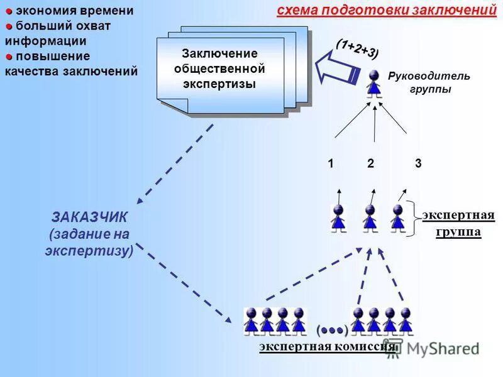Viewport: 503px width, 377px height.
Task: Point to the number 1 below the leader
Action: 330,164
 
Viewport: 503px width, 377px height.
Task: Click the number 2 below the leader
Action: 371,164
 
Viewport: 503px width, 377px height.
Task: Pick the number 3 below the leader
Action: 418,163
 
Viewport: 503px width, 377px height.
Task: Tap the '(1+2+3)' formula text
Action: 357,48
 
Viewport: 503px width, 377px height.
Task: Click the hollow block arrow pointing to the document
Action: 336,68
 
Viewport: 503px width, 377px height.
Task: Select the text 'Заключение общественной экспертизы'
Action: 219,68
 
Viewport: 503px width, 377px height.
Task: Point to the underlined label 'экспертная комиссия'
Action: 327,347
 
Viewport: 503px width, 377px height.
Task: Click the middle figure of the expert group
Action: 370,218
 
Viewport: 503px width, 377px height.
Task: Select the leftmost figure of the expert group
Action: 338,218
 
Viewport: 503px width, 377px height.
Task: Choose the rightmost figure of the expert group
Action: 397,217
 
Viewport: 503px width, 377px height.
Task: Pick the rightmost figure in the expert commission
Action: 406,320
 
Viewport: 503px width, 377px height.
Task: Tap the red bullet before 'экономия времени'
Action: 9,11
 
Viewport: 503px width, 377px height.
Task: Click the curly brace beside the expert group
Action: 410,219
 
